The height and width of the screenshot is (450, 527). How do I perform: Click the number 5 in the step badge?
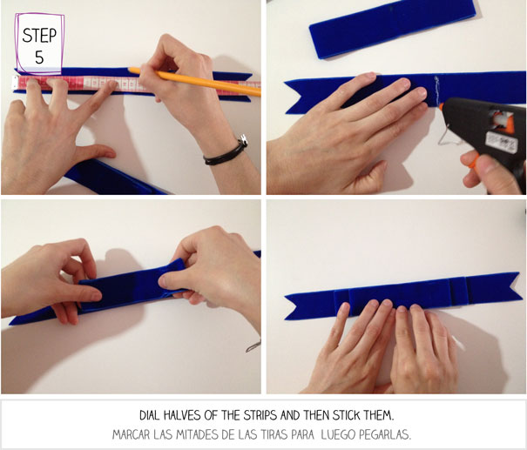[x=39, y=57]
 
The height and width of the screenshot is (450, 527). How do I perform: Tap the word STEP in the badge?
[x=39, y=36]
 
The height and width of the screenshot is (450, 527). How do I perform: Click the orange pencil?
[x=194, y=82]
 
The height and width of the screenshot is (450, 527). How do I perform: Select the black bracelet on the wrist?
[x=226, y=152]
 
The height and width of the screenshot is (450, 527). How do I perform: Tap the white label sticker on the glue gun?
[x=501, y=142]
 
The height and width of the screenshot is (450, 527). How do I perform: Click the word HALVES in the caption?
[x=181, y=416]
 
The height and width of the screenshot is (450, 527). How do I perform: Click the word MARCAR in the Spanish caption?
[x=131, y=435]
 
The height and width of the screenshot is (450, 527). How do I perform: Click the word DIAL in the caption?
[x=150, y=416]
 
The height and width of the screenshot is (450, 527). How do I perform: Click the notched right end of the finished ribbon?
[x=494, y=286]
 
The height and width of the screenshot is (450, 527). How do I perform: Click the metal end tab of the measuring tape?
[x=15, y=83]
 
